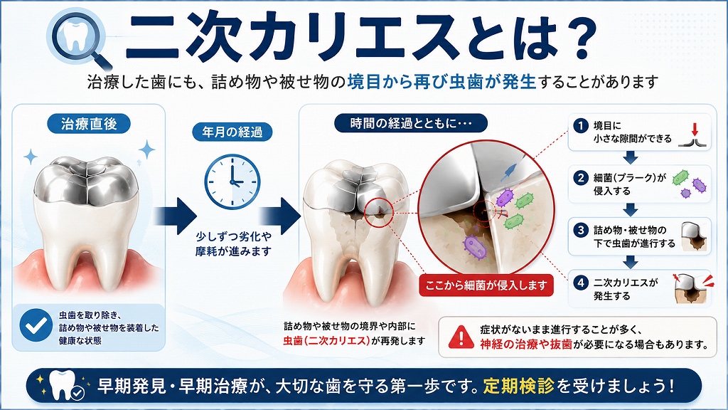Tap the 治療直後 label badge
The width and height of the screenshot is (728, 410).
pyautogui.click(x=89, y=124)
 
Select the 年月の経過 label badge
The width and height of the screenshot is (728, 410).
pyautogui.click(x=232, y=132)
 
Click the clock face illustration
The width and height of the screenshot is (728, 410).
pyautogui.click(x=232, y=182)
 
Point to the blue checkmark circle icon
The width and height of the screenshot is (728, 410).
pyautogui.click(x=36, y=325)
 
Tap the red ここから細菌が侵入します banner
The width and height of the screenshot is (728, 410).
pyautogui.click(x=486, y=285)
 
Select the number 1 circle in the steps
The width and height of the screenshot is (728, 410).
pyautogui.click(x=580, y=125)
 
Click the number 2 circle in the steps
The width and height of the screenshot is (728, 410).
pyautogui.click(x=580, y=177)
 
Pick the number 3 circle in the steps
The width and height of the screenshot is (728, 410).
pyautogui.click(x=580, y=230)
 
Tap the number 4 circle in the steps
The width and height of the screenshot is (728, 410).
pyautogui.click(x=580, y=283)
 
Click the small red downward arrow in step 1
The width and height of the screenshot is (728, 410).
pyautogui.click(x=695, y=129)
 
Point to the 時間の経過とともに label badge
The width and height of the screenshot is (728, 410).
pyautogui.click(x=411, y=123)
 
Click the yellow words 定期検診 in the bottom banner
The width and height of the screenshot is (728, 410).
pyautogui.click(x=518, y=386)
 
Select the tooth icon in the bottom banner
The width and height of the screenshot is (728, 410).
pyautogui.click(x=63, y=384)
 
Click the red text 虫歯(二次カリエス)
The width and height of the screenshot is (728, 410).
pyautogui.click(x=327, y=341)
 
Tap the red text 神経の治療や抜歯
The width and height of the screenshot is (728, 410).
pyautogui.click(x=526, y=345)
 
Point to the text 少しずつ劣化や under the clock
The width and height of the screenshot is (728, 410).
pyautogui.click(x=233, y=236)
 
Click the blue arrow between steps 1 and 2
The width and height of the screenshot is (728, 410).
pyautogui.click(x=630, y=157)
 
